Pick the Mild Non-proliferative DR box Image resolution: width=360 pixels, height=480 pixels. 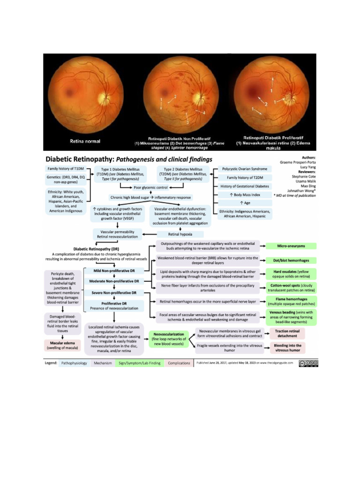[x=114, y=271]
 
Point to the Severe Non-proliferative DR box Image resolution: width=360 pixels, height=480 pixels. [x=114, y=293]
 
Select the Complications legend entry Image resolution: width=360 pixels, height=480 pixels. [x=179, y=363]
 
